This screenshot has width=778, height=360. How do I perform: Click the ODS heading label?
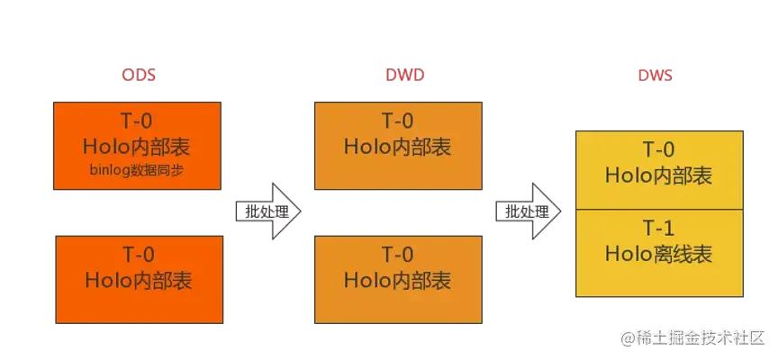point(140,76)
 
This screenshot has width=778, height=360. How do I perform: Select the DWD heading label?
point(399,76)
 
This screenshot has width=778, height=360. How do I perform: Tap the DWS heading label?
point(657,76)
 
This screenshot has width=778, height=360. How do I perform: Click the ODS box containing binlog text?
point(138,146)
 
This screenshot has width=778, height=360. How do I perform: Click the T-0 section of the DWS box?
point(658,169)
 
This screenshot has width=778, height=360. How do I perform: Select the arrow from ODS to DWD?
point(266,212)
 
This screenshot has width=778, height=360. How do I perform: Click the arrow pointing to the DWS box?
point(527,212)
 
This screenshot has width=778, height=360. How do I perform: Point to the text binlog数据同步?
point(138,169)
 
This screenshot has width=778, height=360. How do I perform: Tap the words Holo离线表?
point(658,255)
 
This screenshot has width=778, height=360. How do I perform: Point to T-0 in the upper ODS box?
point(138,121)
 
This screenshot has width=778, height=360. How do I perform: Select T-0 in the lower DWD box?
point(397,254)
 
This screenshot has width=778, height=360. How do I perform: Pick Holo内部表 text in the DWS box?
point(658,175)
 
